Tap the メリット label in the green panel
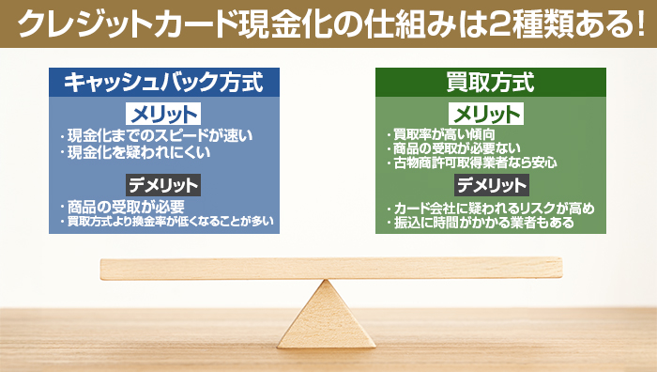click(x=487, y=115)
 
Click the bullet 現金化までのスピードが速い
click(x=160, y=135)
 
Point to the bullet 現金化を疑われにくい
click(x=139, y=150)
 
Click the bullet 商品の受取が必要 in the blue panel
click(x=126, y=206)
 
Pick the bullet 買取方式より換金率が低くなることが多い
click(x=169, y=222)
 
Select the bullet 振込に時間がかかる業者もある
click(x=482, y=223)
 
